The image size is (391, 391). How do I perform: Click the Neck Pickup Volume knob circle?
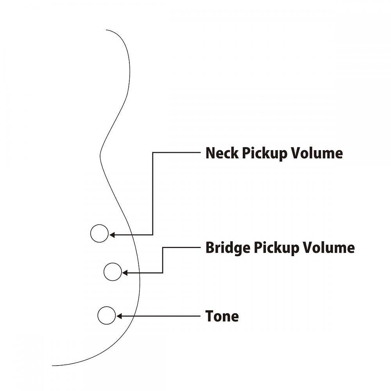pyautogui.click(x=99, y=233)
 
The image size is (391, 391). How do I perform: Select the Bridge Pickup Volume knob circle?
pyautogui.click(x=113, y=272)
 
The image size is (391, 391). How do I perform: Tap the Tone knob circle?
pyautogui.click(x=106, y=316)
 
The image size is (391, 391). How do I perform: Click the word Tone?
pyautogui.click(x=222, y=316)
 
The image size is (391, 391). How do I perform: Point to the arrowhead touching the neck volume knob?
pyautogui.click(x=112, y=235)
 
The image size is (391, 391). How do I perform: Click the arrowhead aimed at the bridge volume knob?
pyautogui.click(x=125, y=273)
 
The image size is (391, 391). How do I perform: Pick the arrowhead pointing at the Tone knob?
pyautogui.click(x=119, y=316)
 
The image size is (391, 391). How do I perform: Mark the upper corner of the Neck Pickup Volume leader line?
pyautogui.click(x=152, y=152)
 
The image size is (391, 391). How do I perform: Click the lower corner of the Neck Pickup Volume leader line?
pyautogui.click(x=152, y=235)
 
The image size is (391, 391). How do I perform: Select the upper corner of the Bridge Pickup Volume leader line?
pyautogui.click(x=163, y=248)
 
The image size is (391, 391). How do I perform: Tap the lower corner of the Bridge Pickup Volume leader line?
pyautogui.click(x=163, y=273)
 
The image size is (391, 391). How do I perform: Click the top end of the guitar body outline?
pyautogui.click(x=106, y=30)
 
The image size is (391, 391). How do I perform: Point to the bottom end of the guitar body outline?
pyautogui.click(x=52, y=366)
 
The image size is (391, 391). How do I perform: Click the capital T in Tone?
pyautogui.click(x=210, y=316)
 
